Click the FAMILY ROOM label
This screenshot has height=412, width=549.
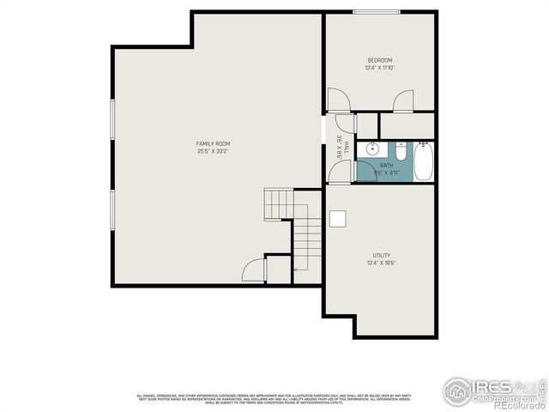point(213,143)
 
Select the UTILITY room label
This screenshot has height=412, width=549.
point(382,255)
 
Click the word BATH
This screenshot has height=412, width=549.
point(387,166)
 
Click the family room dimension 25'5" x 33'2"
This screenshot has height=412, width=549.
point(213,151)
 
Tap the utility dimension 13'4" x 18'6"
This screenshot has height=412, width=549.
point(382,263)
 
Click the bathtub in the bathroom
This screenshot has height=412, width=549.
point(424,163)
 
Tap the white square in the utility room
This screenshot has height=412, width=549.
point(339,218)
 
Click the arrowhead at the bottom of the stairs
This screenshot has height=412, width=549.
point(295,270)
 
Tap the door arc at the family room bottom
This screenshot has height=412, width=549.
point(254,271)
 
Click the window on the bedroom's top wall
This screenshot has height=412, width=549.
point(376,12)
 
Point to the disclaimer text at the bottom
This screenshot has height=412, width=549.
point(274,397)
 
